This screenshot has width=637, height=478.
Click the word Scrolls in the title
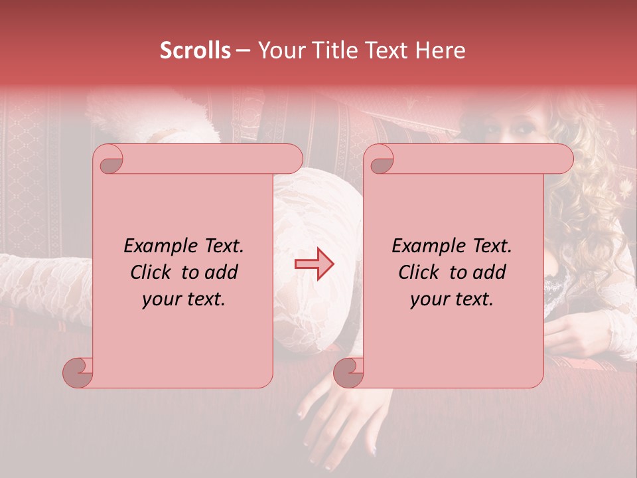pos(195,50)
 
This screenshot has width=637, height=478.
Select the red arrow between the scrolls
pos(314,264)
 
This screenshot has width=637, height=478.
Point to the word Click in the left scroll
pos(152,272)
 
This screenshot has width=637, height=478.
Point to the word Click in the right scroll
pos(420,272)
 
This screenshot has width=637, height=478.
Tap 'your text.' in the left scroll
pos(184,299)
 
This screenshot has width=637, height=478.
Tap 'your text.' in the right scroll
pos(452,299)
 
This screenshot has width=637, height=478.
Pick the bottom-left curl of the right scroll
pos(347,372)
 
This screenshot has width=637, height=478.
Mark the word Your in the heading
pos(279,50)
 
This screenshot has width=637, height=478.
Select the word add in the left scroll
pos(221,272)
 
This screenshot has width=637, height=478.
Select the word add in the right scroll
pos(489,272)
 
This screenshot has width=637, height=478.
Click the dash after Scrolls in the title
pos(243,50)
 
